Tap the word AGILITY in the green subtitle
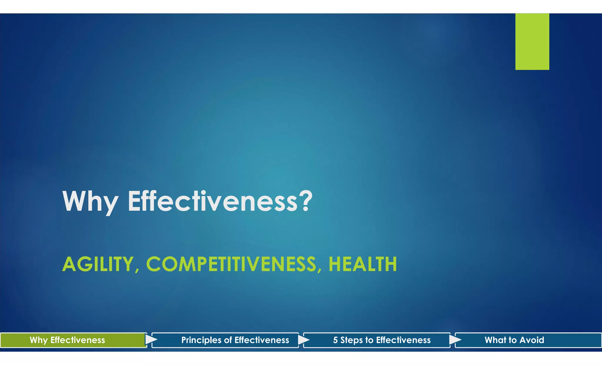[x=98, y=264]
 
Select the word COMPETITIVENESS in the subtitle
[x=231, y=264]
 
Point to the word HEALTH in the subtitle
[x=363, y=264]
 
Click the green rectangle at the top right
[x=532, y=42]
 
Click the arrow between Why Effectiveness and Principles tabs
[x=151, y=340]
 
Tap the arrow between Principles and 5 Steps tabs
[x=303, y=340]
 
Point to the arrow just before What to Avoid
[x=455, y=340]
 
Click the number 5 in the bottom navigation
[x=335, y=340]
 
